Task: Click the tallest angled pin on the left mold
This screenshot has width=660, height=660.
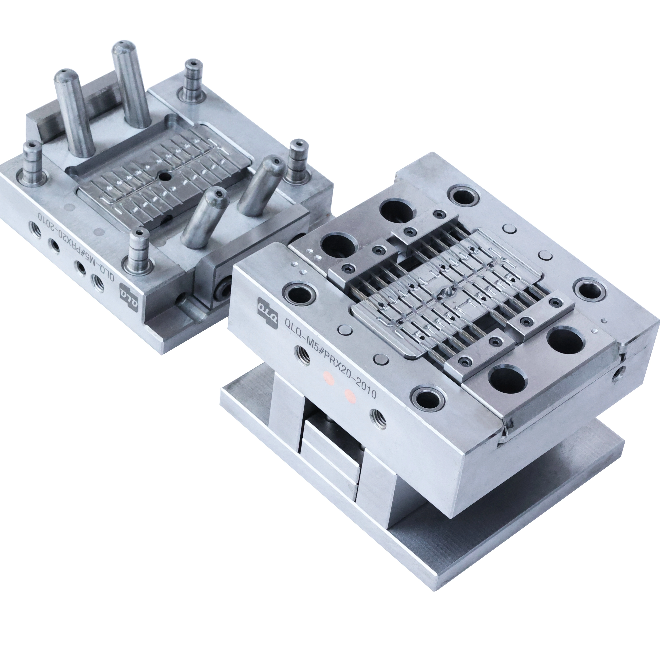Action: (130, 84)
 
